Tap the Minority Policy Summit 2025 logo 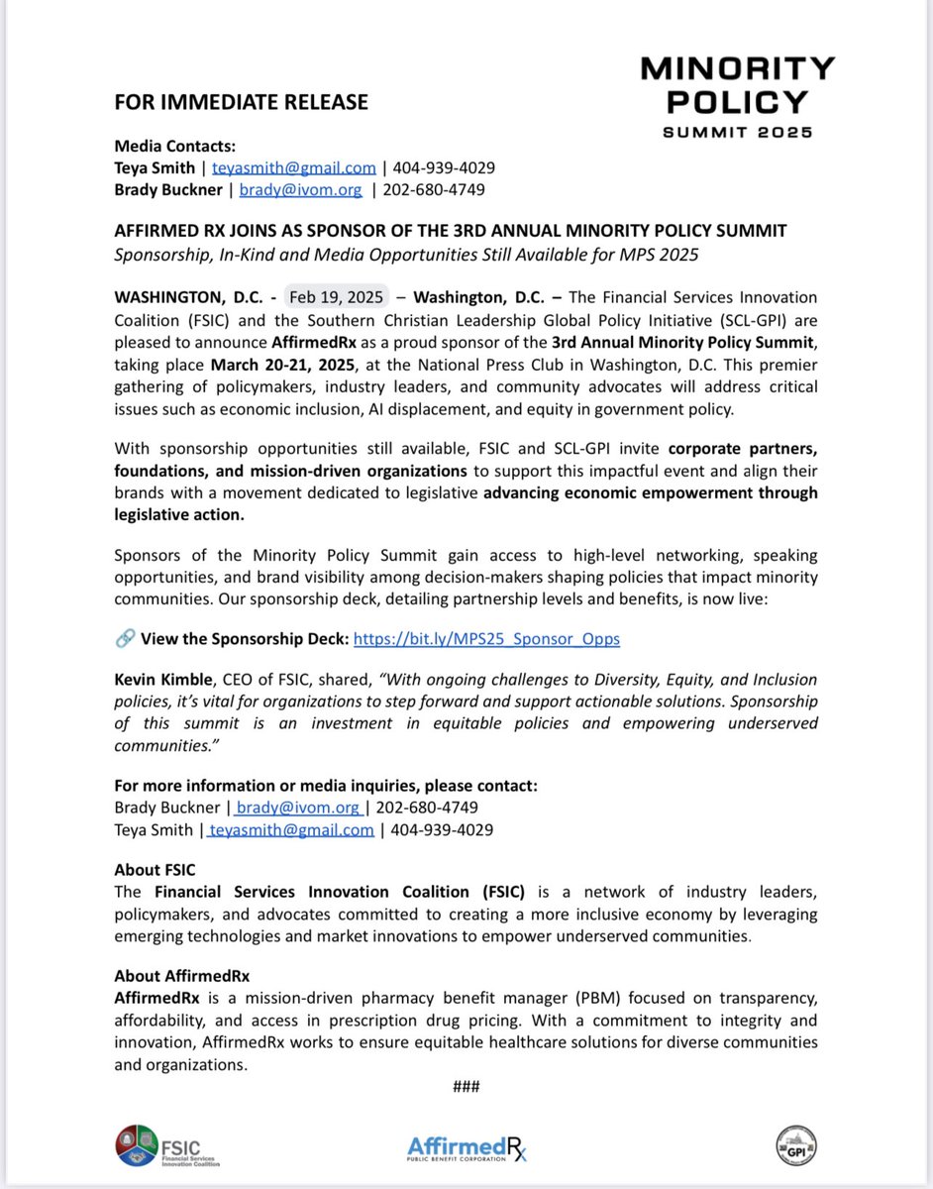pos(737,97)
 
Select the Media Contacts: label pos(174,147)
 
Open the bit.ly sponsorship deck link pos(486,639)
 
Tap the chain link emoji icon pos(125,639)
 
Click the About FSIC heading pos(155,870)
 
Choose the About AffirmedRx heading pos(182,977)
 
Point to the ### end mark pos(466,1086)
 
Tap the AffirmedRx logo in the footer pos(466,1148)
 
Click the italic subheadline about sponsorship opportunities pos(406,255)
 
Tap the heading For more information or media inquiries pos(326,786)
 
